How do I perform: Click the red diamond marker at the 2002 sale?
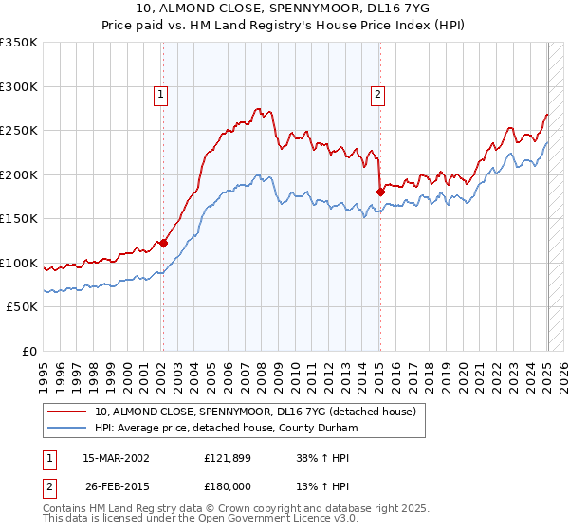coord(164,243)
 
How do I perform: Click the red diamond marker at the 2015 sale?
coord(380,192)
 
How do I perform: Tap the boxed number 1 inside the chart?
coord(160,96)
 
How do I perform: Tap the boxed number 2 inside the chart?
coord(377,96)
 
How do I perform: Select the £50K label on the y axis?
coord(22,307)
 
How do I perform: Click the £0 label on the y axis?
coord(29,352)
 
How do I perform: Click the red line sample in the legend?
coord(66,412)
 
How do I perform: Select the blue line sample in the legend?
coord(66,428)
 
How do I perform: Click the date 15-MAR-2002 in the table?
coord(116,458)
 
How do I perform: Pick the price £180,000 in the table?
coord(228,486)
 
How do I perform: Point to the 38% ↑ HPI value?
coord(322,458)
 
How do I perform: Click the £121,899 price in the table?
coord(228,458)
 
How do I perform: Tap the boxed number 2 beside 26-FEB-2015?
coord(49,488)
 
